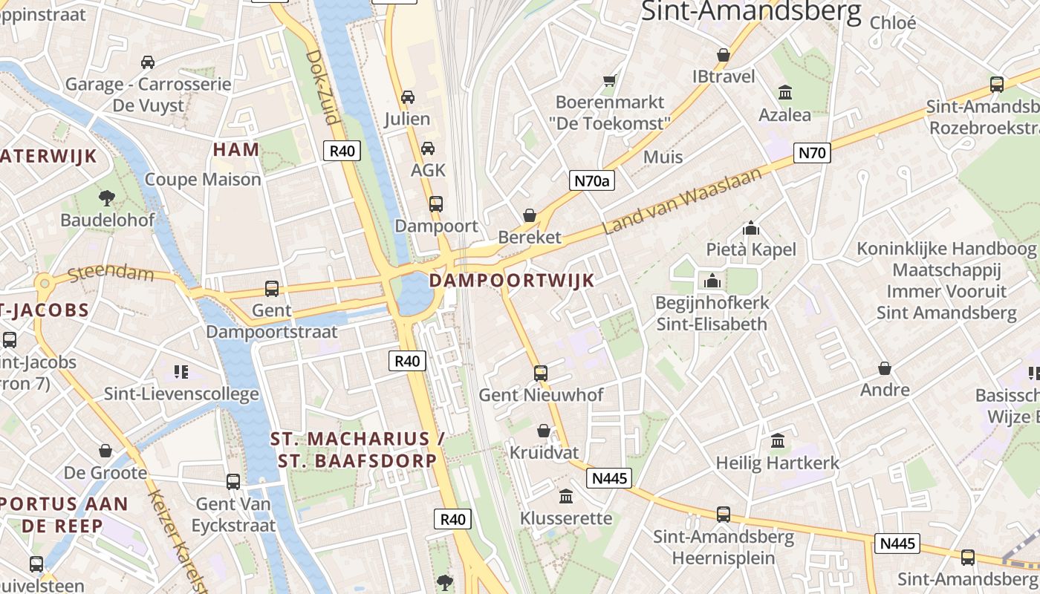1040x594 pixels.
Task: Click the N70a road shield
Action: pyautogui.click(x=592, y=180)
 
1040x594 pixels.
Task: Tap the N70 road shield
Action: pyautogui.click(x=811, y=153)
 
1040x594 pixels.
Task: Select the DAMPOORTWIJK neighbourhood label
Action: pyautogui.click(x=512, y=280)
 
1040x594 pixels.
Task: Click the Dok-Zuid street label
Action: pyautogui.click(x=322, y=87)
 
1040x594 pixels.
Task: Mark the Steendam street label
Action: pyautogui.click(x=111, y=274)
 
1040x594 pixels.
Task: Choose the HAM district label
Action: pyautogui.click(x=236, y=149)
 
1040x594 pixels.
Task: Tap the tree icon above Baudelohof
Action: pyautogui.click(x=107, y=198)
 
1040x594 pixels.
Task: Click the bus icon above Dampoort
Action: pyautogui.click(x=436, y=203)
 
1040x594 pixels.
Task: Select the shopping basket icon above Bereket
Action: pyautogui.click(x=530, y=215)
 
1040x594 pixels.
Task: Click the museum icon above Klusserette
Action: pyautogui.click(x=566, y=495)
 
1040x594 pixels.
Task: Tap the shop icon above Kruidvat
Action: pyautogui.click(x=544, y=431)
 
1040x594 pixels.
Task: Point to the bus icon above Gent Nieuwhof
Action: pyautogui.click(x=541, y=373)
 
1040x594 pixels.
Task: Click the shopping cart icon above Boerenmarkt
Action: pyautogui.click(x=610, y=79)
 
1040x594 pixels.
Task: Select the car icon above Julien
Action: pyautogui.click(x=407, y=97)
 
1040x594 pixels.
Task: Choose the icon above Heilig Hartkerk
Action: pyautogui.click(x=778, y=441)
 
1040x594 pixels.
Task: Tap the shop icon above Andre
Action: pyautogui.click(x=885, y=368)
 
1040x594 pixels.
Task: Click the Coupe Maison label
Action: pyautogui.click(x=203, y=179)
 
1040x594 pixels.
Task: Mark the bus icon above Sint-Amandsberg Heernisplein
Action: pyautogui.click(x=723, y=514)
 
